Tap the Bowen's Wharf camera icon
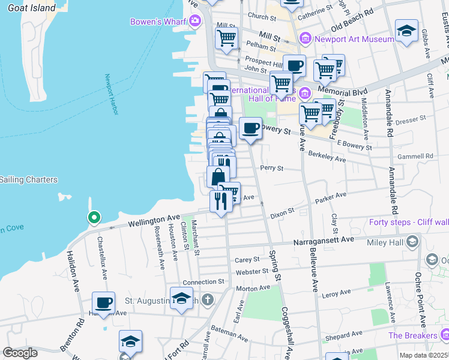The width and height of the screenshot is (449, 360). pyautogui.click(x=194, y=22)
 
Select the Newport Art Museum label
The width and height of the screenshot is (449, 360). pyautogui.click(x=355, y=39)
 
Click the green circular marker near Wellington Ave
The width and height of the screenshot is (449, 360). pyautogui.click(x=93, y=217)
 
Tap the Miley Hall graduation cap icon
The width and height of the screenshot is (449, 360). pyautogui.click(x=412, y=241)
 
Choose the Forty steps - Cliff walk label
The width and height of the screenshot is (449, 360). pyautogui.click(x=408, y=223)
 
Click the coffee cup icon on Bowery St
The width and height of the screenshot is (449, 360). pyautogui.click(x=250, y=128)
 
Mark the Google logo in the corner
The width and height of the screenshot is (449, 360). pyautogui.click(x=20, y=353)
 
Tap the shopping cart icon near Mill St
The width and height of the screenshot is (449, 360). pyautogui.click(x=226, y=38)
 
